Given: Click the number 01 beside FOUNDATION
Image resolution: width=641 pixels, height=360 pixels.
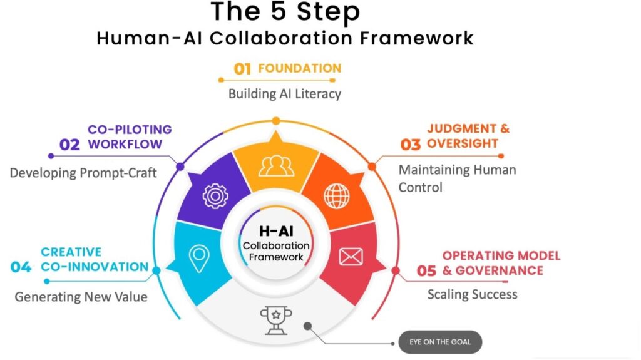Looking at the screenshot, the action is (x=242, y=69).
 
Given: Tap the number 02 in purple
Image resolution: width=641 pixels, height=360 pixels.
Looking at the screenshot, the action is (x=69, y=145).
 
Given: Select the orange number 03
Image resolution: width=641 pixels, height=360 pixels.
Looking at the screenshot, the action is (x=411, y=145).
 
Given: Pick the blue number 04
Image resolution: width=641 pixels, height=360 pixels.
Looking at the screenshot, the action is (x=21, y=267).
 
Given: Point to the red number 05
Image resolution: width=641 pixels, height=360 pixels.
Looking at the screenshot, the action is (x=426, y=271).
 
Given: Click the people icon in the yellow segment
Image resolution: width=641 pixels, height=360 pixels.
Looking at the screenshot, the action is (x=276, y=166).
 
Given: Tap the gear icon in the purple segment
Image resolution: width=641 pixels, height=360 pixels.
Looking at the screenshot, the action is (x=215, y=196).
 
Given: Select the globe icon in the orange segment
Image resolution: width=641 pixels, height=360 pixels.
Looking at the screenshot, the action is (x=337, y=196).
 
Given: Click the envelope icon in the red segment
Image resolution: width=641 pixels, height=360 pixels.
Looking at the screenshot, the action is (x=351, y=257).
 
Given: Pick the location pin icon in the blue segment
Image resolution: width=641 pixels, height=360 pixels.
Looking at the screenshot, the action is (x=200, y=259).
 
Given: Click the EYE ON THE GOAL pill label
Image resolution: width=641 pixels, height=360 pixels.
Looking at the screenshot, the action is (x=440, y=342).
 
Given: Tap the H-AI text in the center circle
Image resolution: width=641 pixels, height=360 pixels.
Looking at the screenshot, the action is (x=276, y=231).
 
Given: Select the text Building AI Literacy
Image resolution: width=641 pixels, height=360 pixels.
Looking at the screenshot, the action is (x=285, y=94).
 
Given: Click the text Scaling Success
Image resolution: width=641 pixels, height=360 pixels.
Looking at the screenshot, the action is (x=472, y=294).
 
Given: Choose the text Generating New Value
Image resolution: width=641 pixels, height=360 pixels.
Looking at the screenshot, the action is (x=81, y=297).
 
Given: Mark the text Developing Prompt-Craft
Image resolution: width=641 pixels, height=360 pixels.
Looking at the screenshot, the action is (x=83, y=173).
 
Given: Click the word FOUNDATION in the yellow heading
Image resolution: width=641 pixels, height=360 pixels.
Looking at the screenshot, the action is (x=300, y=68).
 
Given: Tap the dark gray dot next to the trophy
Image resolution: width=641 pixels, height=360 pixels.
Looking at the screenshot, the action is (x=308, y=326).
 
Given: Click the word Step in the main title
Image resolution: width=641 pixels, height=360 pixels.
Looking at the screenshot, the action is (x=328, y=11).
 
